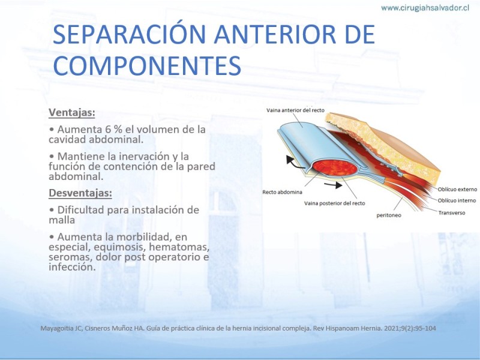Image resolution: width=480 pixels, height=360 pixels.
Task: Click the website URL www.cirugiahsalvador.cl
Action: coord(425,8)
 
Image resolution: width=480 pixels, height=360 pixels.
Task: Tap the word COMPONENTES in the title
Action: coord(147,65)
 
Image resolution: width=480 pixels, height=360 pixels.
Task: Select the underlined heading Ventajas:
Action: coord(72,113)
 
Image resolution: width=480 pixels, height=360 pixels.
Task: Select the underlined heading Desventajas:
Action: coord(80,193)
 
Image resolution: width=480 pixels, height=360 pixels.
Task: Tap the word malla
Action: coord(62,220)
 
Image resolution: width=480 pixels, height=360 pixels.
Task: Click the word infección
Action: coord(72,266)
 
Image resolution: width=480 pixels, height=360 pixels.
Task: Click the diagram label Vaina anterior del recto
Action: coord(295,110)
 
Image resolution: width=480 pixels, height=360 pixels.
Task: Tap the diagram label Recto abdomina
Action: coord(282,192)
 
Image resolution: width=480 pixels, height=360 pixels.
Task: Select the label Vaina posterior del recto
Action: coord(335,203)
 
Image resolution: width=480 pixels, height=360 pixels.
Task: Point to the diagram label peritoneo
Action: coord(389,215)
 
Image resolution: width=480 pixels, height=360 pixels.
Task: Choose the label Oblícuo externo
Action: coord(457,190)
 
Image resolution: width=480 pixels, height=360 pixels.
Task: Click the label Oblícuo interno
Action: coord(457,200)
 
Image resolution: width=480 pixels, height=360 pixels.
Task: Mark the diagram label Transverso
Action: coord(452,213)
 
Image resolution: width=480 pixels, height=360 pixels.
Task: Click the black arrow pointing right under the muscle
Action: coord(333,185)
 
